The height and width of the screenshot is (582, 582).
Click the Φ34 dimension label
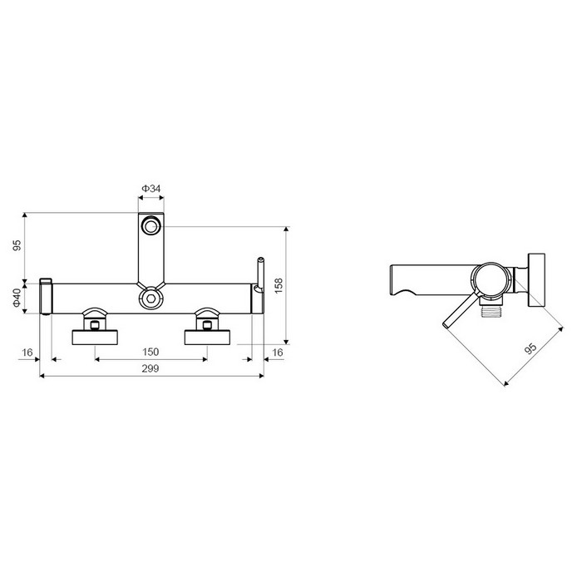coord(150,189)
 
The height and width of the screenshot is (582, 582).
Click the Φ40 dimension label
coord(17,298)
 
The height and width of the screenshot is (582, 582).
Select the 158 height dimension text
coord(279,285)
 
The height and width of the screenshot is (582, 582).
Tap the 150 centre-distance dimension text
coord(150,352)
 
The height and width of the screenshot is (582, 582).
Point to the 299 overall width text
coord(150,368)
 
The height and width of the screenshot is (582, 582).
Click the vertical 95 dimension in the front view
coord(17,245)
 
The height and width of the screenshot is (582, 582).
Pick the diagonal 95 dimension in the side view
coord(530,348)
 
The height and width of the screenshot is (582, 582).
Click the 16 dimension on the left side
coord(27,352)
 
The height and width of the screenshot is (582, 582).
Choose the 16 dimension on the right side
coord(278,352)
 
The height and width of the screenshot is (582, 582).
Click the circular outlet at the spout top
coord(150,226)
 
